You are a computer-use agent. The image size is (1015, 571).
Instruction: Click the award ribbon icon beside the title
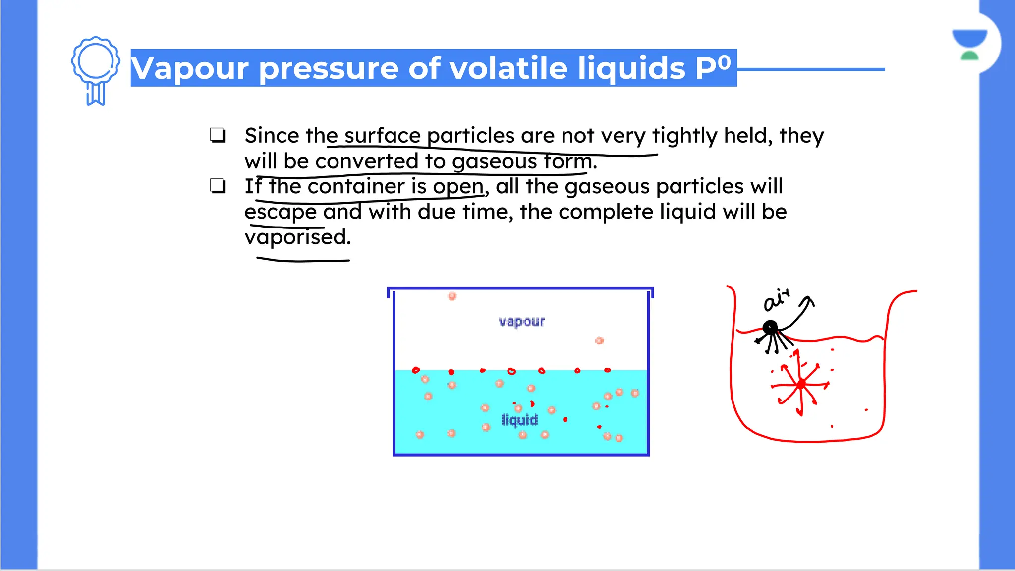95,69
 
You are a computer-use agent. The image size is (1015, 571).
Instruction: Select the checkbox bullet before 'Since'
218,135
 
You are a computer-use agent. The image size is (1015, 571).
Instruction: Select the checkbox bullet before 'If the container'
218,186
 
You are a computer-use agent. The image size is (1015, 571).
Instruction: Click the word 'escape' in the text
280,212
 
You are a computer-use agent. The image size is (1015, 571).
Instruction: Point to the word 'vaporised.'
297,237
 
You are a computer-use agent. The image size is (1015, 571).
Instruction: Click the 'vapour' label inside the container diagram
521,322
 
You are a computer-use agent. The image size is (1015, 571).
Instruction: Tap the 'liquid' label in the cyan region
519,420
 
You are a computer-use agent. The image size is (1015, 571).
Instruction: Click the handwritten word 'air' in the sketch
776,300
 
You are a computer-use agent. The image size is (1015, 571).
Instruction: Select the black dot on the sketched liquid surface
770,327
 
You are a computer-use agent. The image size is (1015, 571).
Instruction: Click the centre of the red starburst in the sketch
801,385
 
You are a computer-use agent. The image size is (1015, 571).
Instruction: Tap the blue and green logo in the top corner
969,44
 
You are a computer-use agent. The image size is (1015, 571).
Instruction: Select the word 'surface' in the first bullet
382,136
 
